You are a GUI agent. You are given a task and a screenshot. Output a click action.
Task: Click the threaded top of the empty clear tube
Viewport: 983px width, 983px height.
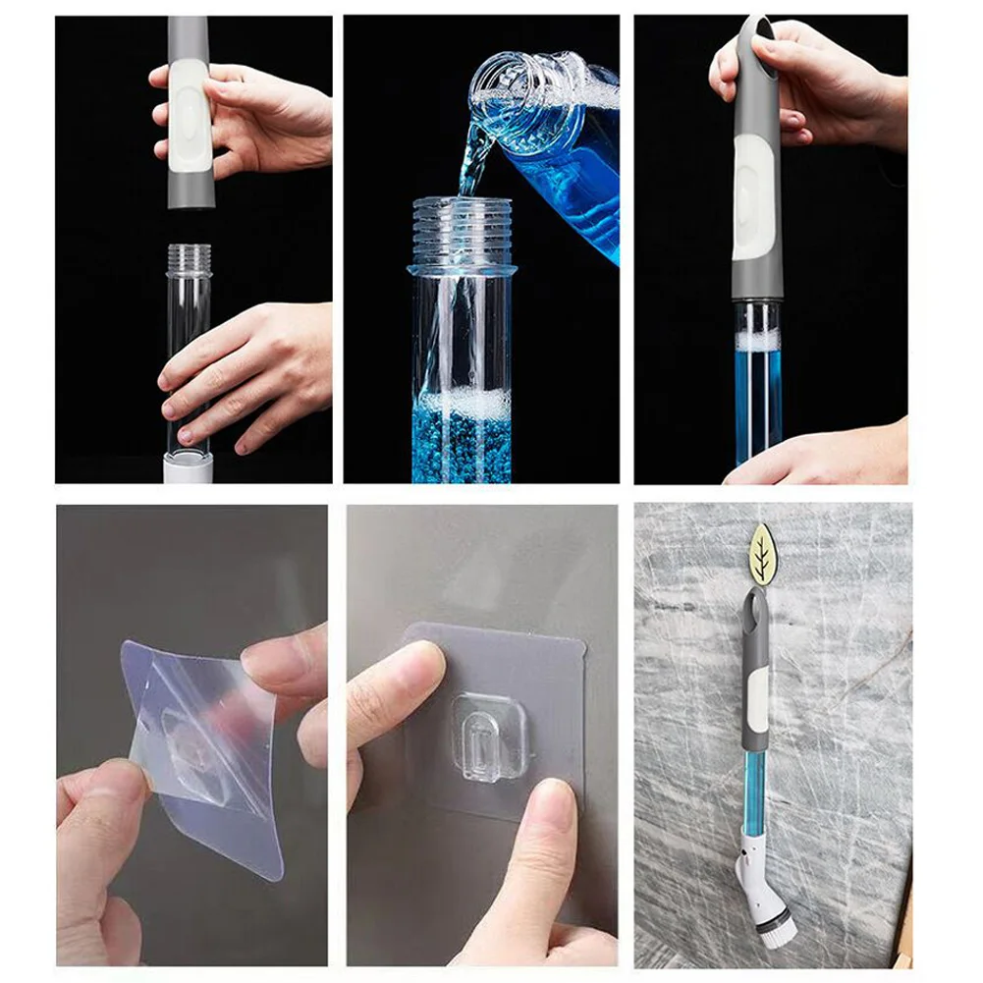(188, 258)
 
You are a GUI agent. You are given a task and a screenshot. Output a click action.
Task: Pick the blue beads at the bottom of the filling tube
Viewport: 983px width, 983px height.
(462, 448)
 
